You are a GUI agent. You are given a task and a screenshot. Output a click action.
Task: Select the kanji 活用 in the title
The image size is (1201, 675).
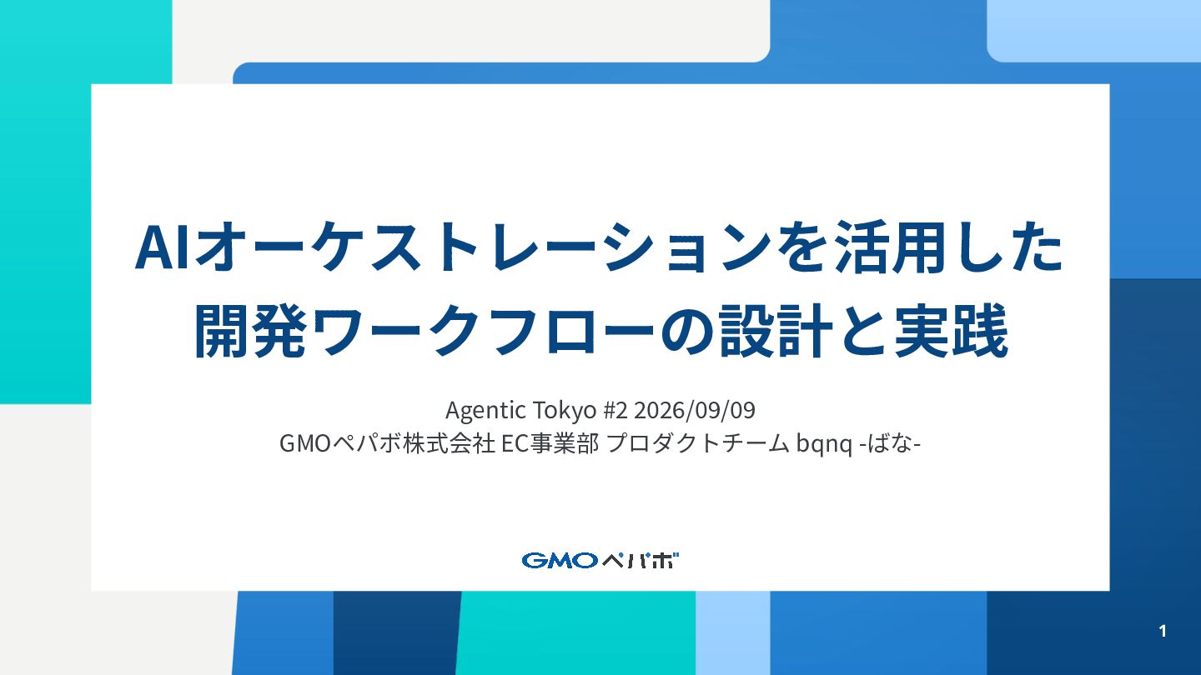point(889,247)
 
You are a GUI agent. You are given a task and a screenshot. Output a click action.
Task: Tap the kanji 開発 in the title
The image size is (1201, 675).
point(250,331)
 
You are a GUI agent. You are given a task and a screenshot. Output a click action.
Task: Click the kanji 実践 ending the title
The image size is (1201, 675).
point(951,331)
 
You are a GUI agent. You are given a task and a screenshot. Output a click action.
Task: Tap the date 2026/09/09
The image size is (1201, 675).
point(694,411)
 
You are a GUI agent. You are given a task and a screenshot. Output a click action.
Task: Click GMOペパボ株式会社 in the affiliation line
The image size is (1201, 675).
point(387,443)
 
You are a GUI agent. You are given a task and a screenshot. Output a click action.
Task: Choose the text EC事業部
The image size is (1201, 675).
point(550,443)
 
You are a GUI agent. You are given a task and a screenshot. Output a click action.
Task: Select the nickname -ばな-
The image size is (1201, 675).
point(890,443)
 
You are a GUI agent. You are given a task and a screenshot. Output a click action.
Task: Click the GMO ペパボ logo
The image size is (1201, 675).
point(600,560)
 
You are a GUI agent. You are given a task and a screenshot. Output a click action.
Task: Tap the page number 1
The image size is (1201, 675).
point(1163,631)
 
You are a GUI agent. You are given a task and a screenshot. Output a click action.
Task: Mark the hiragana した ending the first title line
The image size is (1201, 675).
point(1005,247)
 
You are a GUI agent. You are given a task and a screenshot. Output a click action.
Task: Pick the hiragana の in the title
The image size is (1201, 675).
point(688,332)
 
